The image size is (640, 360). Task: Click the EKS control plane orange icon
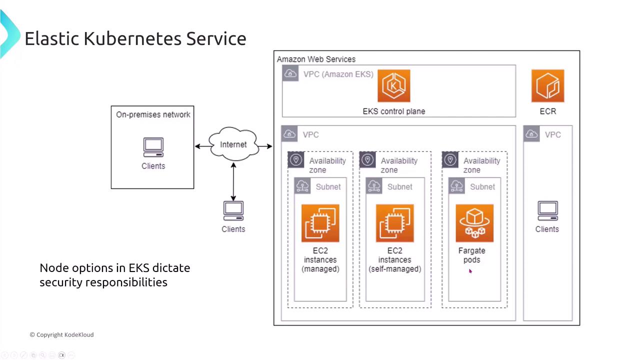coord(394,86)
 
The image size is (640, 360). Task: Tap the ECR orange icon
coord(548,86)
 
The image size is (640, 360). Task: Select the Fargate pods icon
coord(474,223)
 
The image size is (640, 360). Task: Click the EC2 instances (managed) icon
coord(320,223)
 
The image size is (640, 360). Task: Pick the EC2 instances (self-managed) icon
coord(395,223)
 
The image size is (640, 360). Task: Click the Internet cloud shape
coord(233,144)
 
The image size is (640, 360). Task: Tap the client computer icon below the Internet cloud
coord(233,211)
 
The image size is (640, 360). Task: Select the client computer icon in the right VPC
coord(547,211)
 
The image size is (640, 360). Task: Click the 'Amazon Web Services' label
coord(316,59)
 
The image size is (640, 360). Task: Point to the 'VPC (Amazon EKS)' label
coord(338,74)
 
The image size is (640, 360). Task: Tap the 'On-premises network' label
coord(153,114)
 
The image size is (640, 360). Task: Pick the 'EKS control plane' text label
coord(394,111)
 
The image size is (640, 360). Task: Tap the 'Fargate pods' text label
coord(472,255)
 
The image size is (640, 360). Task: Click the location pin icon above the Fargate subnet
coord(450,160)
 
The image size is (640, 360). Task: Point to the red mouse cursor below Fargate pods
coord(470,271)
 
